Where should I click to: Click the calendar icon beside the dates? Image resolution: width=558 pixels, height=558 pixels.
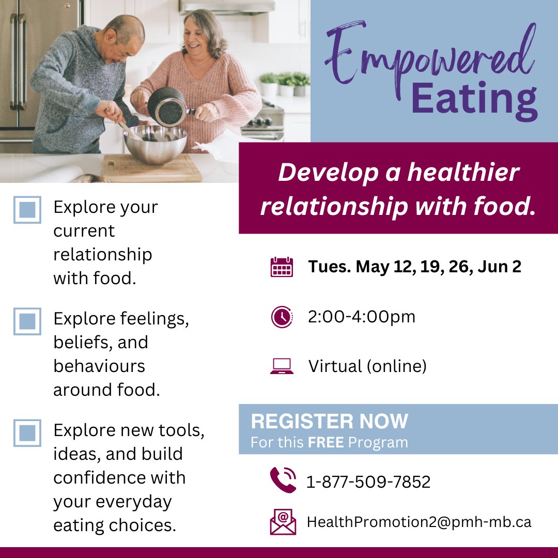coord(282,267)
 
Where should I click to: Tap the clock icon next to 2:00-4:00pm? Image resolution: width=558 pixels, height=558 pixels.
coord(282,317)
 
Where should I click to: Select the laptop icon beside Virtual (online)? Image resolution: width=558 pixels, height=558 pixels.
coord(282,366)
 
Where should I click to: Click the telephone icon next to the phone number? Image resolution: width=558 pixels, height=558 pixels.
coord(283,480)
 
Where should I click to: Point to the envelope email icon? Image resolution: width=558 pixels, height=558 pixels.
coord(283,522)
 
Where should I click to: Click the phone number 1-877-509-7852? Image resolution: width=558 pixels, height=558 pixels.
coord(368,482)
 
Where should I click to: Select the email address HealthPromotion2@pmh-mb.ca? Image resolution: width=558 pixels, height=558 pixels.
coord(419,522)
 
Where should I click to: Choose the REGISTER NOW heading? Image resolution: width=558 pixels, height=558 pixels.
coord(330,422)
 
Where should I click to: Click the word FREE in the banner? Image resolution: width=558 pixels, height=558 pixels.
coord(326,443)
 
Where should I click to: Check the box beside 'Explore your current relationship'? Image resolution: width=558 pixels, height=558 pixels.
coord(27,210)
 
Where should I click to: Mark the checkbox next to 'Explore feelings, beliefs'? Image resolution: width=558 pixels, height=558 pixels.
coord(27,321)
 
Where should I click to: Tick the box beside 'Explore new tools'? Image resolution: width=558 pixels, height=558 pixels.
coord(27,432)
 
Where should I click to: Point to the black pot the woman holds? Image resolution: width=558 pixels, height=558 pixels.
coord(167,106)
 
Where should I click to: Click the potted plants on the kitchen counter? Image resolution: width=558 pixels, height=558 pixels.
coord(285,83)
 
